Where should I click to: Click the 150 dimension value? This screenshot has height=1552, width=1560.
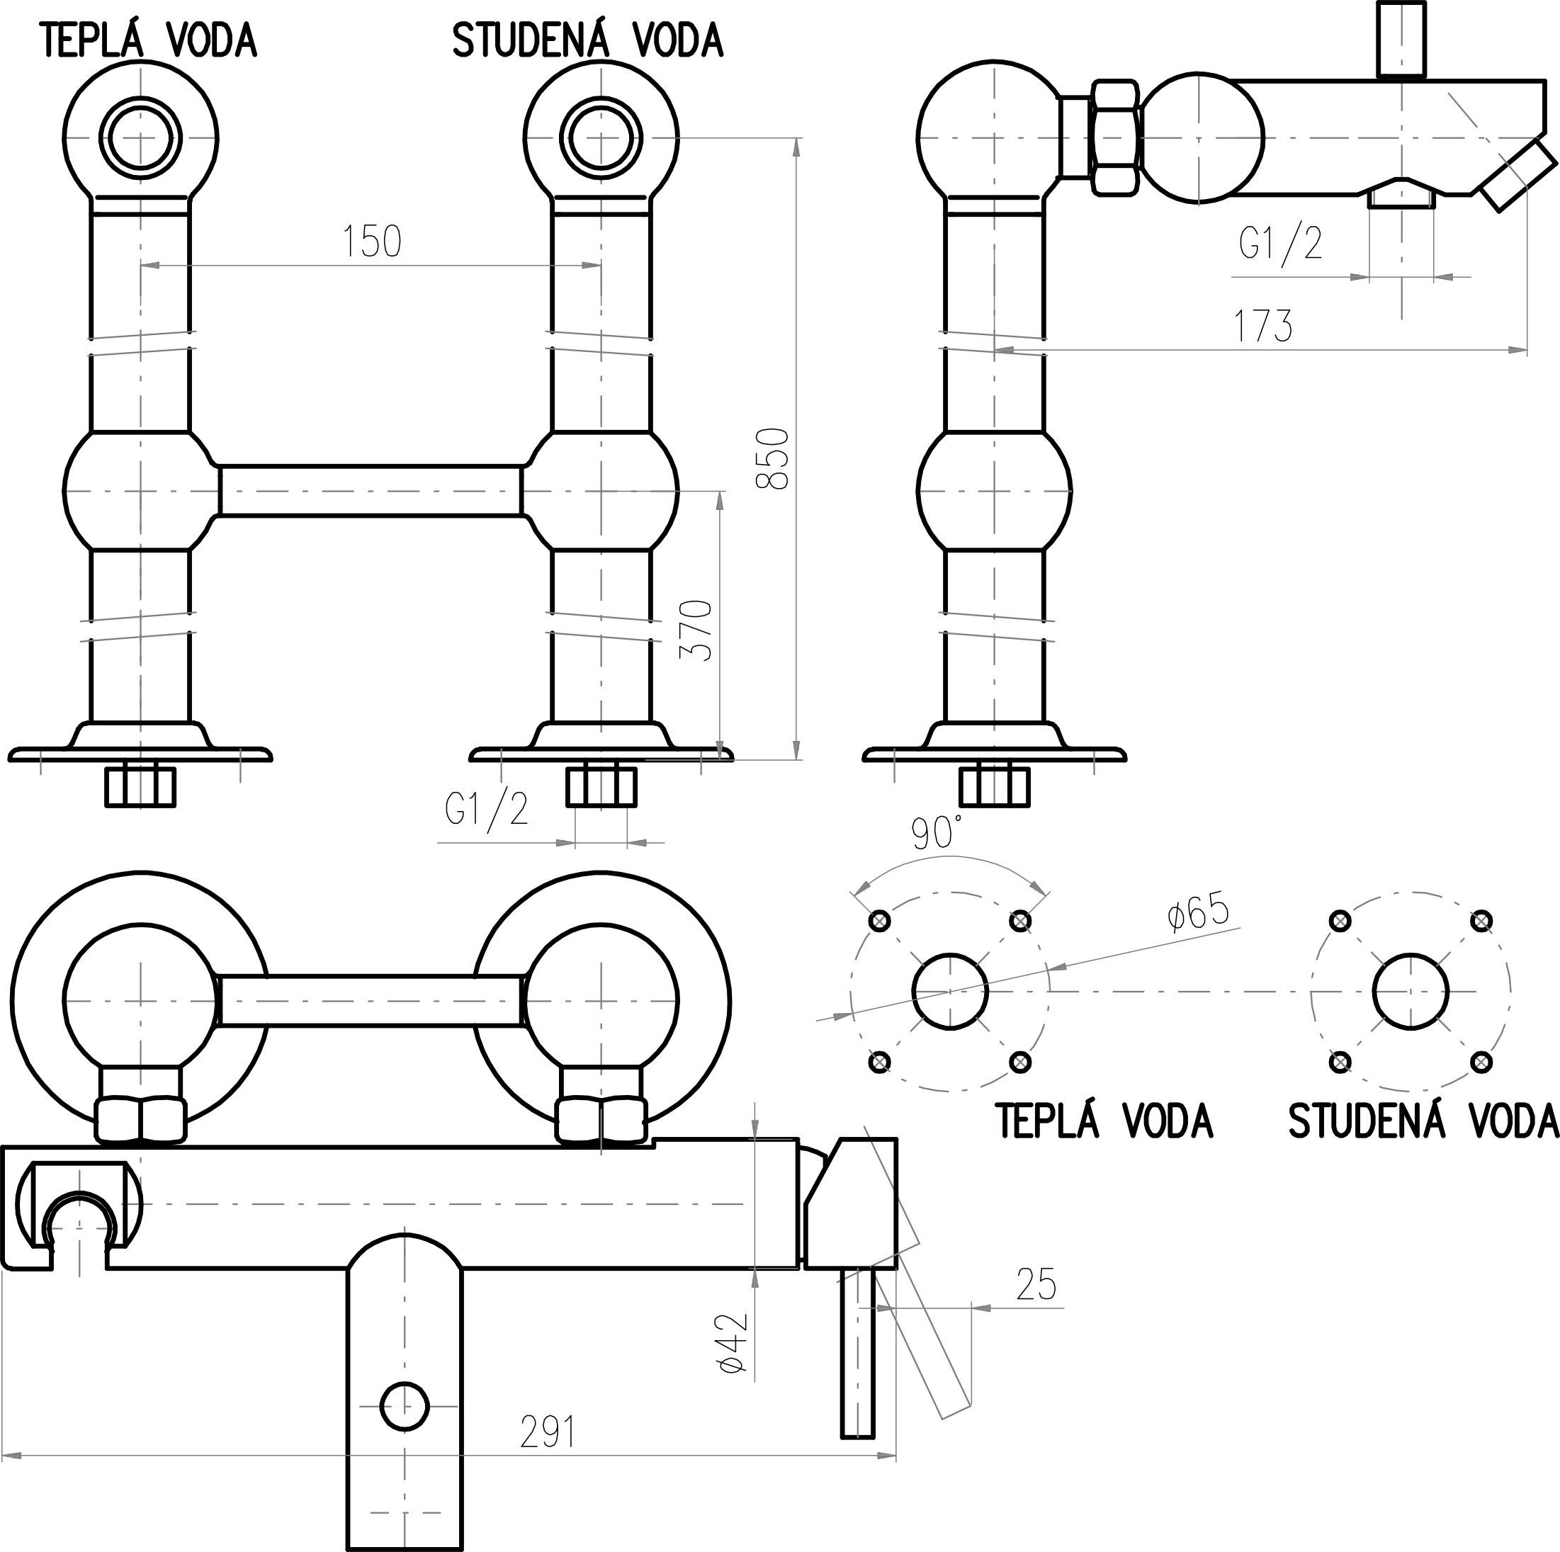pos(372,242)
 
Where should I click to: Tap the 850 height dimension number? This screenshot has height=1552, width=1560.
pos(773,458)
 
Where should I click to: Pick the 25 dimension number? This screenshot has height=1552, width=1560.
pos(1036,1285)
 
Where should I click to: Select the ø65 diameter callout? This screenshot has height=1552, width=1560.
pos(1197,913)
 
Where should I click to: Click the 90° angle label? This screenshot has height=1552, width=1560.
pos(937,832)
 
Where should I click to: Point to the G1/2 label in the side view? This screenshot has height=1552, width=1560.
pos(1282,242)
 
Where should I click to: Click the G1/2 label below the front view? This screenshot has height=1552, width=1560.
pos(487,808)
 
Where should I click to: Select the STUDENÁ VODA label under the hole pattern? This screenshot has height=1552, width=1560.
pos(1423,1121)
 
